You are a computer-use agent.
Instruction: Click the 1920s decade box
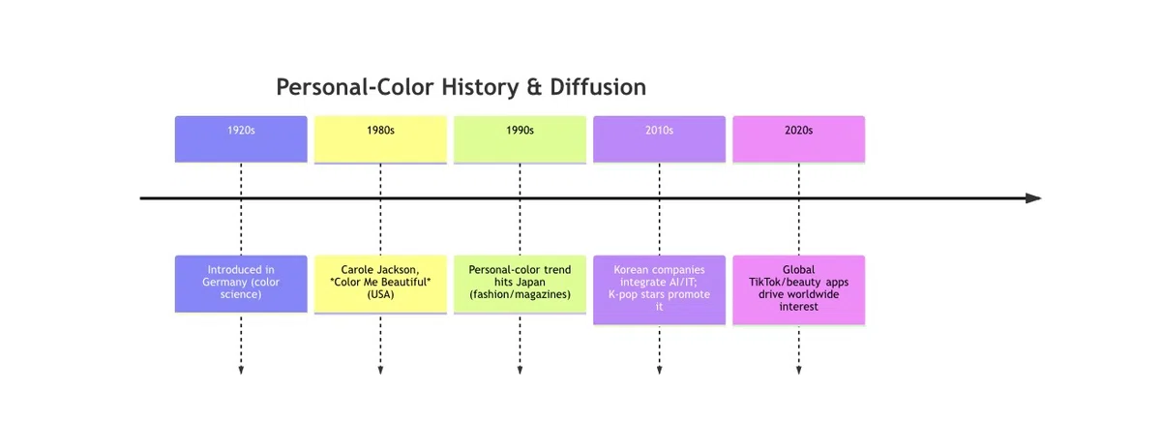tap(241, 139)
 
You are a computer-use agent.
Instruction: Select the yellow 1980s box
tap(380, 139)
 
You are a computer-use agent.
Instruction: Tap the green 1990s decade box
tap(520, 139)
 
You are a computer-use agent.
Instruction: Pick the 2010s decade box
tap(659, 139)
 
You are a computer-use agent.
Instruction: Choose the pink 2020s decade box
tap(799, 139)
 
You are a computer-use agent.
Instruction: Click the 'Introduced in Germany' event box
tap(241, 284)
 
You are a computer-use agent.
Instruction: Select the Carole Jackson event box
tap(380, 285)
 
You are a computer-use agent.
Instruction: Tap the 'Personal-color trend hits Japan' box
tap(520, 285)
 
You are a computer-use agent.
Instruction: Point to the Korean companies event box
tap(659, 289)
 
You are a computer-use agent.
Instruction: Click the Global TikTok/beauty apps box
tap(799, 289)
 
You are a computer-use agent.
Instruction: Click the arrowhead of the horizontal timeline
tap(1033, 198)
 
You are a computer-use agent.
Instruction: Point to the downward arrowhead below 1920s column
tap(241, 370)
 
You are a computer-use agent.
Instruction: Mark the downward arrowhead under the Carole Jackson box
tap(380, 370)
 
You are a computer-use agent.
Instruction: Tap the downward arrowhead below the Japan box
tap(520, 370)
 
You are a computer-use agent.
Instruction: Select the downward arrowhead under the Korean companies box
tap(659, 370)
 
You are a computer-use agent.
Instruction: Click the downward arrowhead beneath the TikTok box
tap(799, 370)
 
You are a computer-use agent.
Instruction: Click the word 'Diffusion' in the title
tap(598, 86)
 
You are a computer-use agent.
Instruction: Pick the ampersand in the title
tap(534, 87)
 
